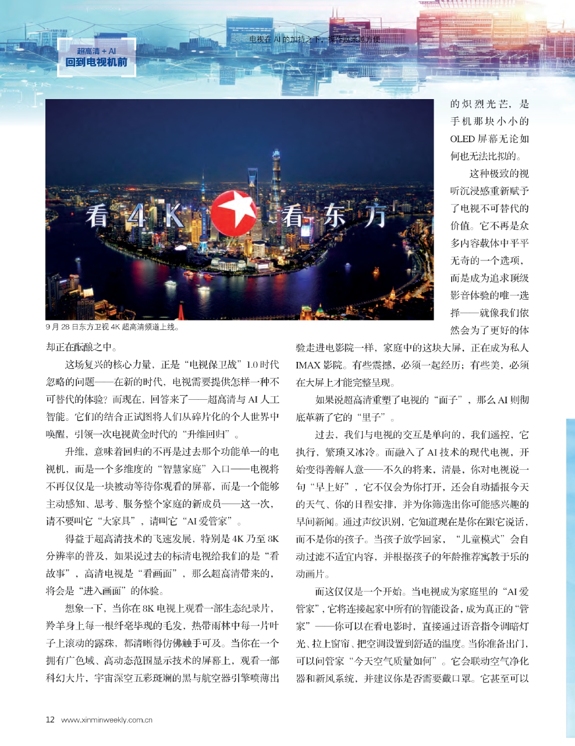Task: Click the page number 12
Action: point(50,719)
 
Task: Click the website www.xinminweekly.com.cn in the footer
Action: point(107,720)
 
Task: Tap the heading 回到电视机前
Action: point(97,62)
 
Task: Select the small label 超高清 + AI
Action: point(97,51)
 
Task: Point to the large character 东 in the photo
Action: point(335,217)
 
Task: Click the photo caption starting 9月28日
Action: point(112,327)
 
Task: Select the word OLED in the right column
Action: point(462,139)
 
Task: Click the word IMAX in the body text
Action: point(307,365)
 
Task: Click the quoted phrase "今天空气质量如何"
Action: point(396,661)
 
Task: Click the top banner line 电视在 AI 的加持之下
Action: point(314,39)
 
